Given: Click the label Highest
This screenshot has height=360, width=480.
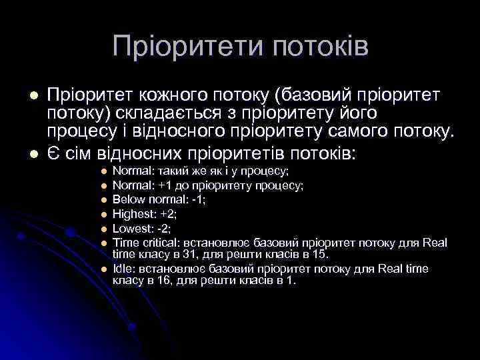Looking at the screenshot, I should click(134, 213).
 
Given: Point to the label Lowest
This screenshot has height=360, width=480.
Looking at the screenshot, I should click(132, 227).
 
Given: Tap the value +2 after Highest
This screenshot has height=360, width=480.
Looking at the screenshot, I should click(168, 213).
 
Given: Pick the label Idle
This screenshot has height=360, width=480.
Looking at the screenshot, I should click(121, 268).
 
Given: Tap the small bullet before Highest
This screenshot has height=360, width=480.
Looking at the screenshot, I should click(104, 214).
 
